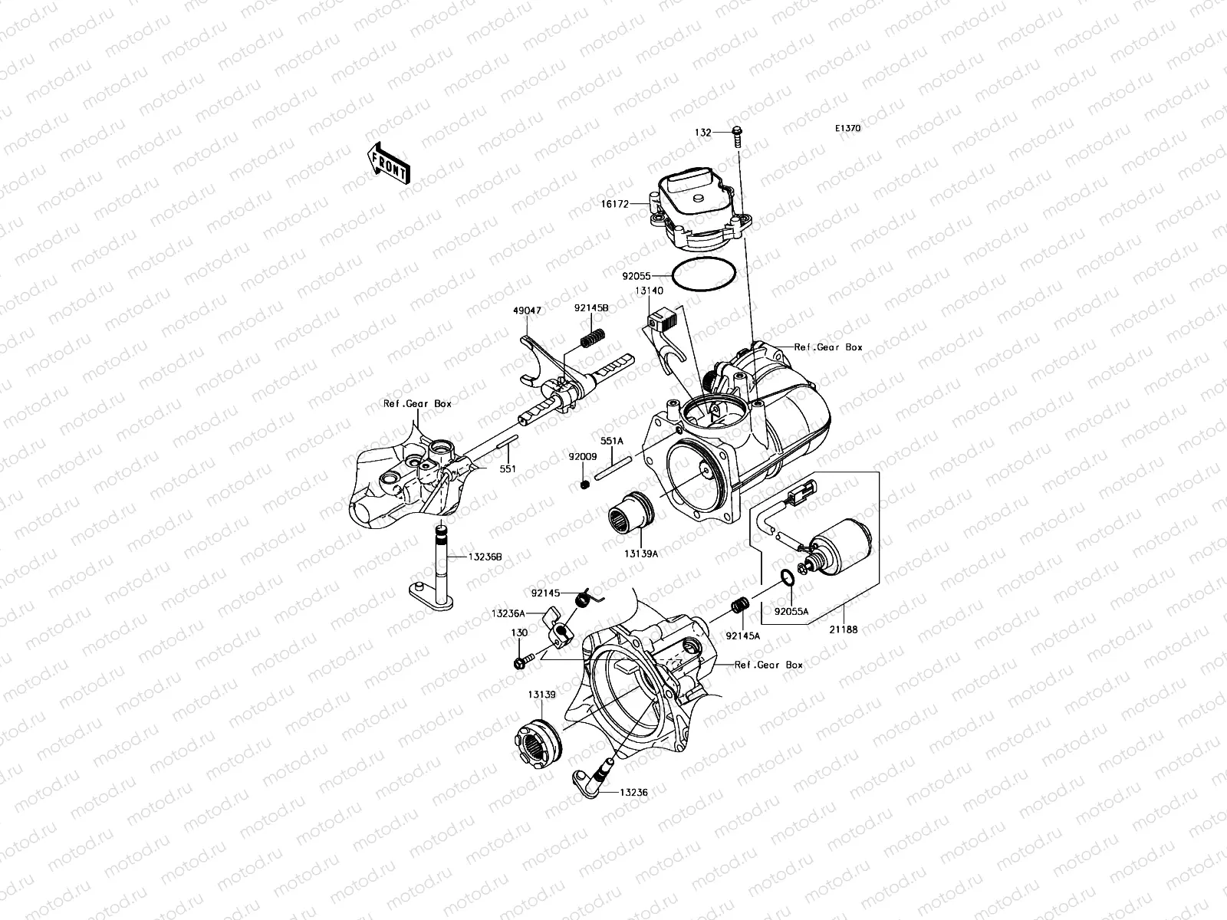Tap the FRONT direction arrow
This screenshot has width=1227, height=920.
[x=390, y=163]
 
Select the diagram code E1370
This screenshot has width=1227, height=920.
[x=848, y=129]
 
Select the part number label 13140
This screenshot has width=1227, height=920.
[x=648, y=291]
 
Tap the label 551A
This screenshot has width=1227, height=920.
[x=611, y=441]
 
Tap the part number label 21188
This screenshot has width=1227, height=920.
[x=843, y=629]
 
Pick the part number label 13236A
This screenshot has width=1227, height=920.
[x=508, y=613]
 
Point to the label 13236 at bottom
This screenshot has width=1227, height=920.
[x=633, y=792]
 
